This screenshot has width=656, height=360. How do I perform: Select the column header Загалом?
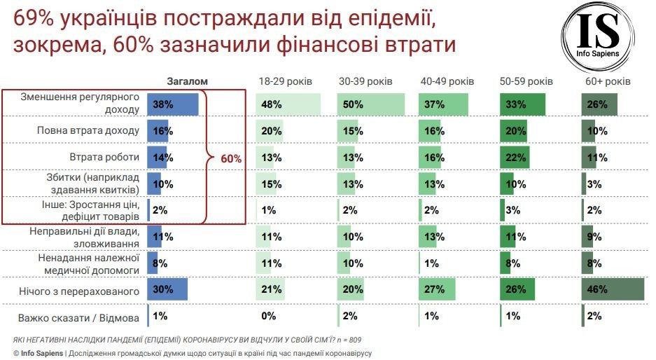pos(187,81)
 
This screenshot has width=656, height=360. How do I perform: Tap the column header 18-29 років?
pos(285,81)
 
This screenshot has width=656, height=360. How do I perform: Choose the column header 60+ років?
pos(608,81)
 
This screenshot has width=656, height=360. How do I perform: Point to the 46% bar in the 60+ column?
pos(612,289)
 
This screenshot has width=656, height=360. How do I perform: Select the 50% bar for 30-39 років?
pos(371,104)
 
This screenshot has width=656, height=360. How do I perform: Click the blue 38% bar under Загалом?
pos(172,104)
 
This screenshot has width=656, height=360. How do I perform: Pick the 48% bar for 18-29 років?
pos(289,104)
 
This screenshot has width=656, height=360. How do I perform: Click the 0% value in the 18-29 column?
pos(267,317)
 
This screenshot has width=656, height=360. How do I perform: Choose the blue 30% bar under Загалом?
pos(167,289)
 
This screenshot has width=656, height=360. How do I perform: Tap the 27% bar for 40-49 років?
pos(437,289)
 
